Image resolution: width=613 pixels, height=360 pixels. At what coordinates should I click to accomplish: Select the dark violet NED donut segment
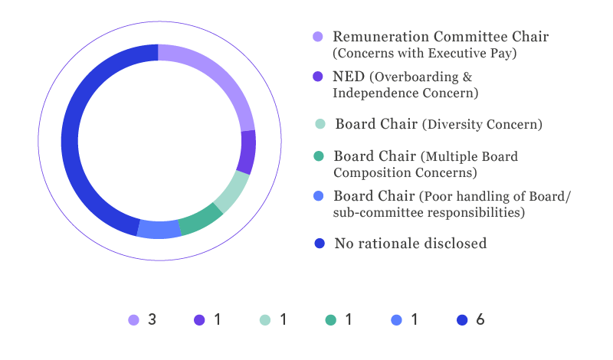(x=247, y=152)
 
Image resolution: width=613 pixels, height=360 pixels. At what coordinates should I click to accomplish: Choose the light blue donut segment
(x=159, y=230)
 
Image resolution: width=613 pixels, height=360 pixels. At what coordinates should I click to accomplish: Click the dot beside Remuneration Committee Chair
(x=318, y=37)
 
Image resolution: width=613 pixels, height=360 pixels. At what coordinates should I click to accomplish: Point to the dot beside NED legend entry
(x=318, y=77)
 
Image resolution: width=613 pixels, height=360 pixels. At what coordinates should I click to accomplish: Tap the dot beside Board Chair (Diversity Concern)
(x=320, y=124)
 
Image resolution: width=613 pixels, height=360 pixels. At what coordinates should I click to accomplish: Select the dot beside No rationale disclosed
(x=320, y=244)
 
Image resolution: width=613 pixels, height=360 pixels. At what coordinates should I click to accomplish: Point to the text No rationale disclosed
(x=411, y=244)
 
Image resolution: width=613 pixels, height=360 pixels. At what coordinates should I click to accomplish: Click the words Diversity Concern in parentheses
(x=482, y=124)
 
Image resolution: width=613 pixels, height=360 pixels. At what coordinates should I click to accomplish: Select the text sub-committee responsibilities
(x=429, y=212)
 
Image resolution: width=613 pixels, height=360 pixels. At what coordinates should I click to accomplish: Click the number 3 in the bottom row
(x=152, y=319)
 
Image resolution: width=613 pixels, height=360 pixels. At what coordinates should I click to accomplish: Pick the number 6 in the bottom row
(x=480, y=319)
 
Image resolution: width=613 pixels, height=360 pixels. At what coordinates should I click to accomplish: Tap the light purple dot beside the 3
(x=133, y=319)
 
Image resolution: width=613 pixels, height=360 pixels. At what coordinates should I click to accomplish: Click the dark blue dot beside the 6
(x=462, y=319)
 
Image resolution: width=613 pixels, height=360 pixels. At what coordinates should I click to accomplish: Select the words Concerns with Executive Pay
(x=425, y=53)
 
